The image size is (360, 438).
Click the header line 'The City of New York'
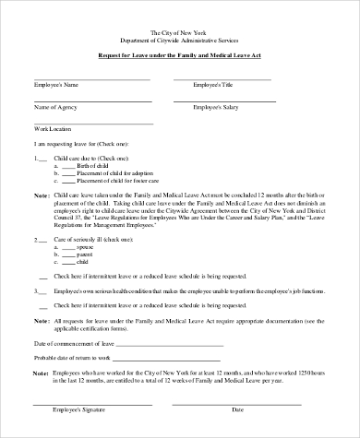pyautogui.click(x=179, y=32)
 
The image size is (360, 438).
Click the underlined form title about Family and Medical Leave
pyautogui.click(x=179, y=55)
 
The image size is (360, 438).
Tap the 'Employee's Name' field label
pyautogui.click(x=55, y=85)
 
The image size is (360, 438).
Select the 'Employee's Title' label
pyautogui.click(x=214, y=85)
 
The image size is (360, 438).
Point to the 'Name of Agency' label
pyautogui.click(x=54, y=107)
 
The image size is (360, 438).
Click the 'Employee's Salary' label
pyautogui.click(x=216, y=107)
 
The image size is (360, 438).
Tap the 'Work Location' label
pyautogui.click(x=53, y=129)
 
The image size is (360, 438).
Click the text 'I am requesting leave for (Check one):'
pyautogui.click(x=81, y=145)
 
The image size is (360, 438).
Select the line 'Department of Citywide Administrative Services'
pyautogui.click(x=179, y=41)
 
